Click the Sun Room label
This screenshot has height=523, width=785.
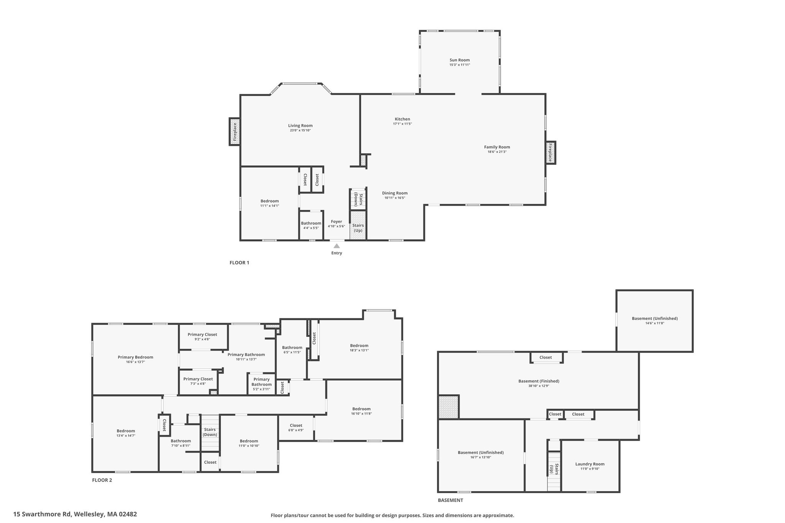(460, 60)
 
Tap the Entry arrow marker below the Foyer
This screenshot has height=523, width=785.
(337, 246)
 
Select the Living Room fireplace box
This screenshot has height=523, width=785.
(235, 131)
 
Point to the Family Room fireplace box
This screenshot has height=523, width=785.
(550, 152)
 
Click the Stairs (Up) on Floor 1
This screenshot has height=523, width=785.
(358, 225)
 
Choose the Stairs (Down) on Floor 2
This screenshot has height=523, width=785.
(210, 432)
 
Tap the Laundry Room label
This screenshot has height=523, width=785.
(590, 464)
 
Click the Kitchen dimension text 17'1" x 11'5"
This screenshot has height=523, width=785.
(402, 124)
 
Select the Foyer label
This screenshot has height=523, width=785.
(337, 221)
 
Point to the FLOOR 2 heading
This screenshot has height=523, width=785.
(102, 480)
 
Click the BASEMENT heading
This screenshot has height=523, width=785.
(450, 500)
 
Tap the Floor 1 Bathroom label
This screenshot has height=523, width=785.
(311, 223)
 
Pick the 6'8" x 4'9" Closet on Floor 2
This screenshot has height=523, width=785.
(296, 428)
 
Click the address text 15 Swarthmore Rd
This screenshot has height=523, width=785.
(42, 514)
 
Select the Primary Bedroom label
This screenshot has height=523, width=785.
(135, 357)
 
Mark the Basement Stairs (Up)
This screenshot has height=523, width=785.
(554, 471)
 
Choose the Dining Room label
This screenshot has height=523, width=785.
(395, 193)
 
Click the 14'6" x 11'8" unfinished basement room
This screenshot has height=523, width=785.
(655, 321)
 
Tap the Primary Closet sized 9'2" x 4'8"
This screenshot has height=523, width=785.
(203, 336)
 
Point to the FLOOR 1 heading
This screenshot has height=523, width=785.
(239, 263)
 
